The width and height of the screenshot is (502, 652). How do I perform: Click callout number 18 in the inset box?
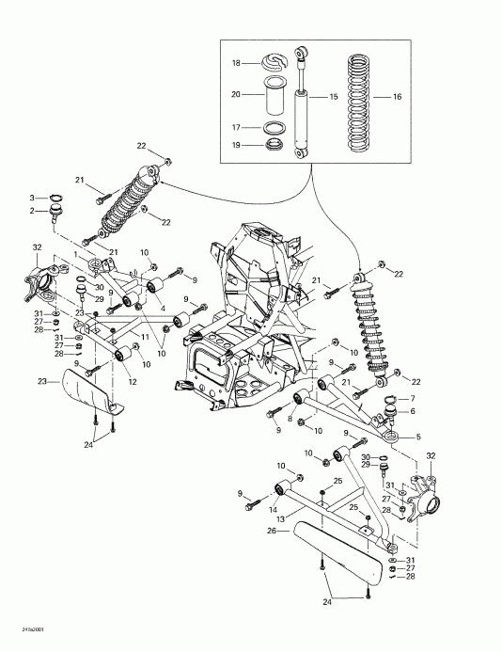tap(237, 63)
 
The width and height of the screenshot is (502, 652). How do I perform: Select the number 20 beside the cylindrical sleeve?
tap(237, 94)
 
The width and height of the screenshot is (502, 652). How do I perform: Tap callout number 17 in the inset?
tap(237, 126)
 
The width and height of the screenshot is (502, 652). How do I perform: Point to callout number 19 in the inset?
tap(237, 145)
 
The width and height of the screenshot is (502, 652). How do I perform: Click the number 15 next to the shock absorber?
tap(334, 97)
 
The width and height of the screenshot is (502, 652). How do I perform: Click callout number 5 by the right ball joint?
tap(419, 437)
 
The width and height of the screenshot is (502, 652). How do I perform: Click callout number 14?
tap(274, 507)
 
